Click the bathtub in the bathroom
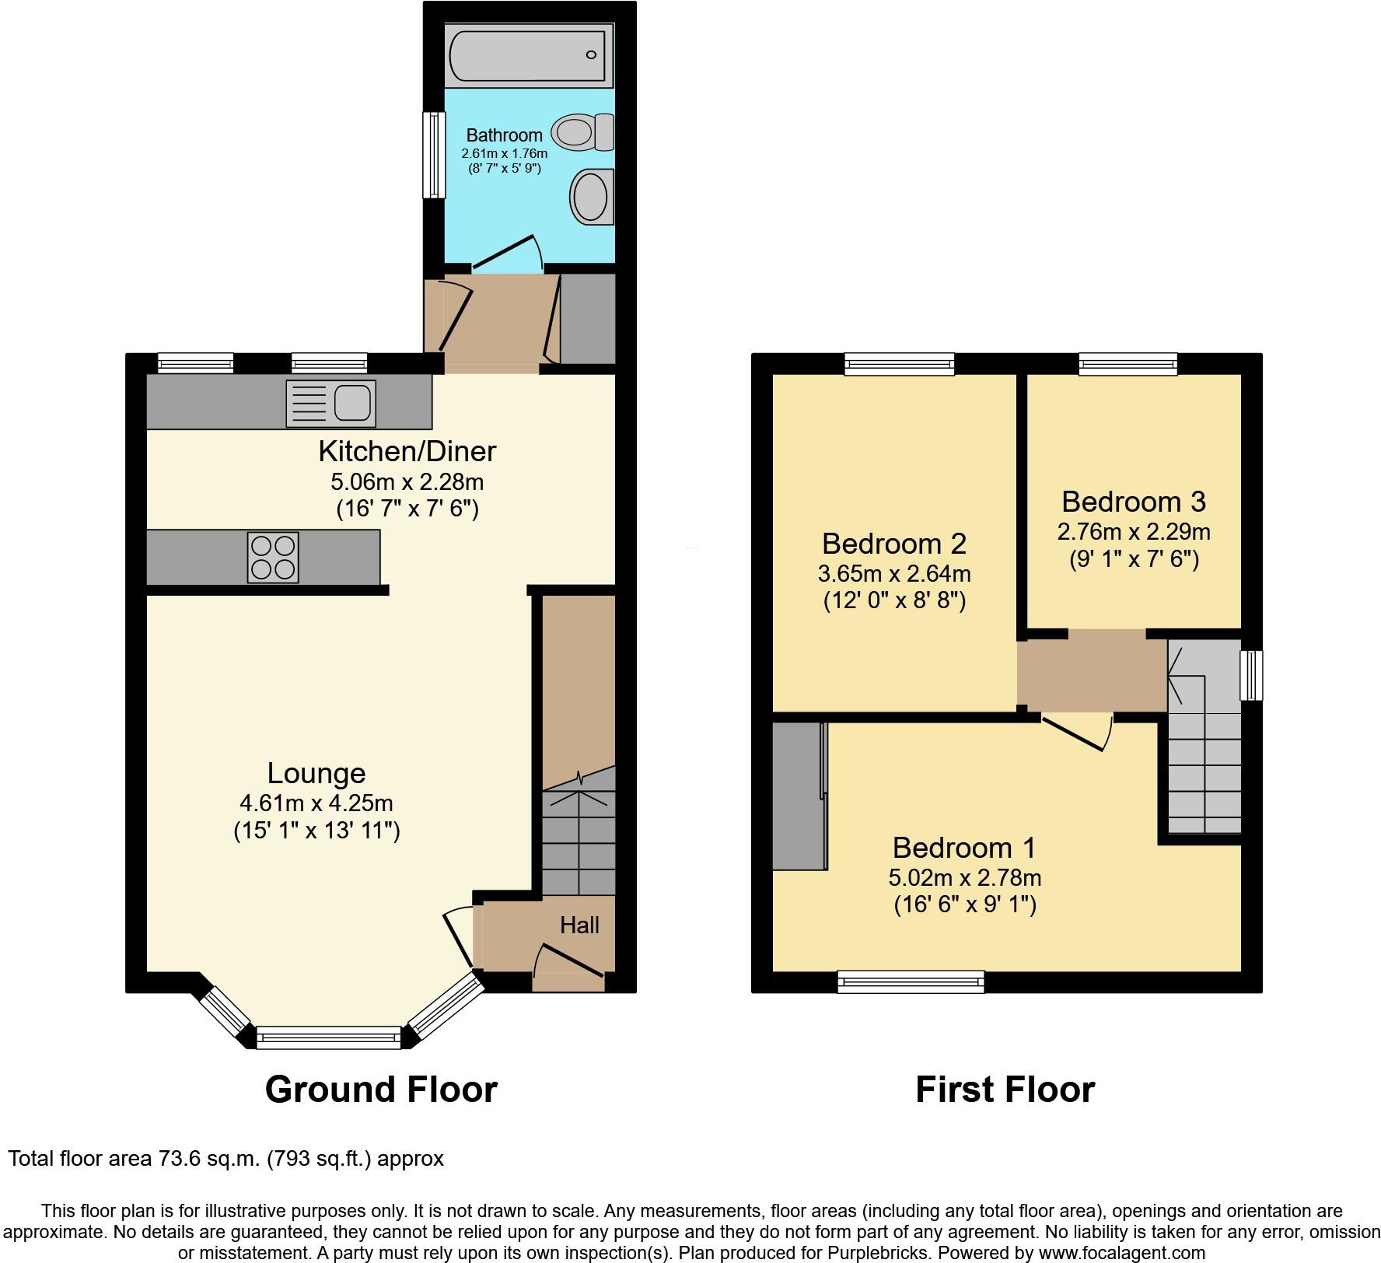tap(529, 54)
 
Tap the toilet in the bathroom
tap(582, 132)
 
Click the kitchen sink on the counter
tap(331, 404)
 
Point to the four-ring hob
tap(273, 557)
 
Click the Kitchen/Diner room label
tap(407, 451)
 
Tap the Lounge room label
tap(316, 772)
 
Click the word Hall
tap(579, 925)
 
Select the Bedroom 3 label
tap(1133, 502)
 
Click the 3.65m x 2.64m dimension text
tap(894, 574)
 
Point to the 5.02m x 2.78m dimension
tap(964, 877)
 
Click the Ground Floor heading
tap(381, 1090)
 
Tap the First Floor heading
tap(1005, 1090)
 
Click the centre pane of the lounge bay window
tap(328, 1037)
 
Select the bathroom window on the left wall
tap(434, 154)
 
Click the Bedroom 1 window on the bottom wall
tap(911, 981)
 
